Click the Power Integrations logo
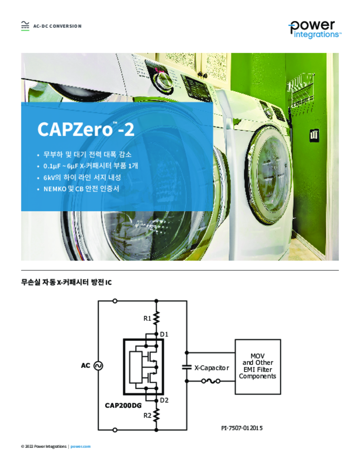tap(315, 29)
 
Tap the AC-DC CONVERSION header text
tap(57, 26)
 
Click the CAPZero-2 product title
tap(86, 129)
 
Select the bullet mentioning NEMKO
tap(81, 189)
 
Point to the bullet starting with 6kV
tap(82, 177)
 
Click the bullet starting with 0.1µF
tap(91, 166)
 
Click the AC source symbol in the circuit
tap(98, 365)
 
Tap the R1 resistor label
tap(147, 319)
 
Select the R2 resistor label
tap(147, 415)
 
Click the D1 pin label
tap(164, 334)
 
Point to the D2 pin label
tap(164, 400)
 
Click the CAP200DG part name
tap(123, 405)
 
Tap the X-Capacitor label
tap(212, 368)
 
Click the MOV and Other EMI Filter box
tap(258, 367)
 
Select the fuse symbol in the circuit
tap(211, 381)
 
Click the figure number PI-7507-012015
tap(242, 428)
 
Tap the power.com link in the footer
tap(81, 446)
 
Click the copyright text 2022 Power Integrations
tap(44, 446)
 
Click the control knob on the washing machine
tap(163, 79)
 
